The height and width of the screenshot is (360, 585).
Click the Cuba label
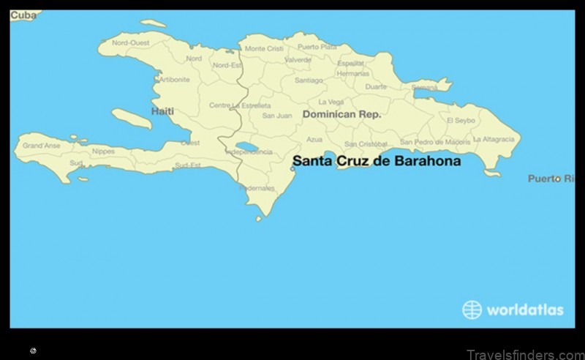click(23, 15)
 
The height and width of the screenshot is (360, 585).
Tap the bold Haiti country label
click(162, 111)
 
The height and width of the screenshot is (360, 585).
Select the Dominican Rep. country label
click(341, 115)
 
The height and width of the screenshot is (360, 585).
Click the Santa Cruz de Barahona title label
click(377, 161)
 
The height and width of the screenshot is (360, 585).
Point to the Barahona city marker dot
click(292, 168)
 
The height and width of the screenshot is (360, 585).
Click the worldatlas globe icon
click(472, 310)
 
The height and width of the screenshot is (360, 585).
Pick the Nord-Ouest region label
click(130, 42)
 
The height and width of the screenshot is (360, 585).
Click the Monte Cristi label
click(264, 48)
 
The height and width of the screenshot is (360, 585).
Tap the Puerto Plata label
click(317, 47)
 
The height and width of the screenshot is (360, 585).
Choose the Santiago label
click(309, 80)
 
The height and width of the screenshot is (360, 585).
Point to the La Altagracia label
click(495, 139)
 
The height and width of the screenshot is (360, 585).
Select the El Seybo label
click(460, 120)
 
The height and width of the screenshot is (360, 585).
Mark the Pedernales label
click(257, 188)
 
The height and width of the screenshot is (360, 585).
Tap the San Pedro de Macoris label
click(435, 142)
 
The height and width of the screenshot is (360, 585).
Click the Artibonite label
click(175, 79)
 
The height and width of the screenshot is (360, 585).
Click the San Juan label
click(277, 116)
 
